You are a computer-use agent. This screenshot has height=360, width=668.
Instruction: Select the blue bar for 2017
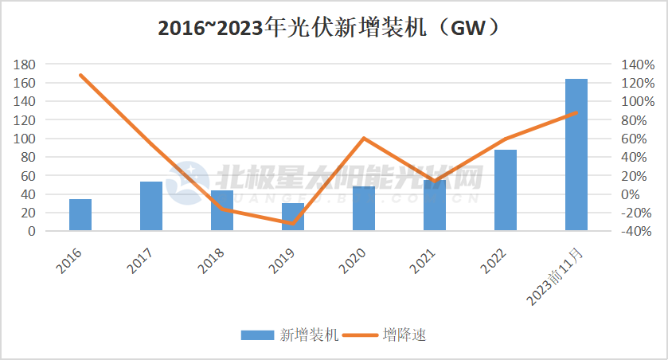pyautogui.click(x=151, y=206)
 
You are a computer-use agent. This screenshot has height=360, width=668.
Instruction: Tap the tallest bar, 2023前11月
pyautogui.click(x=576, y=155)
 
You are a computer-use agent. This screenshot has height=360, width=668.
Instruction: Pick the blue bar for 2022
pyautogui.click(x=506, y=190)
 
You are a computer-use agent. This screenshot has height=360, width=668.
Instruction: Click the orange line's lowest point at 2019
pyautogui.click(x=293, y=223)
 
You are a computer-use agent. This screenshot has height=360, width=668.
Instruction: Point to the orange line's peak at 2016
pyautogui.click(x=80, y=75)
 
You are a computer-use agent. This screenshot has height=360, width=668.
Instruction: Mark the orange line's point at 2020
pyautogui.click(x=364, y=139)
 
